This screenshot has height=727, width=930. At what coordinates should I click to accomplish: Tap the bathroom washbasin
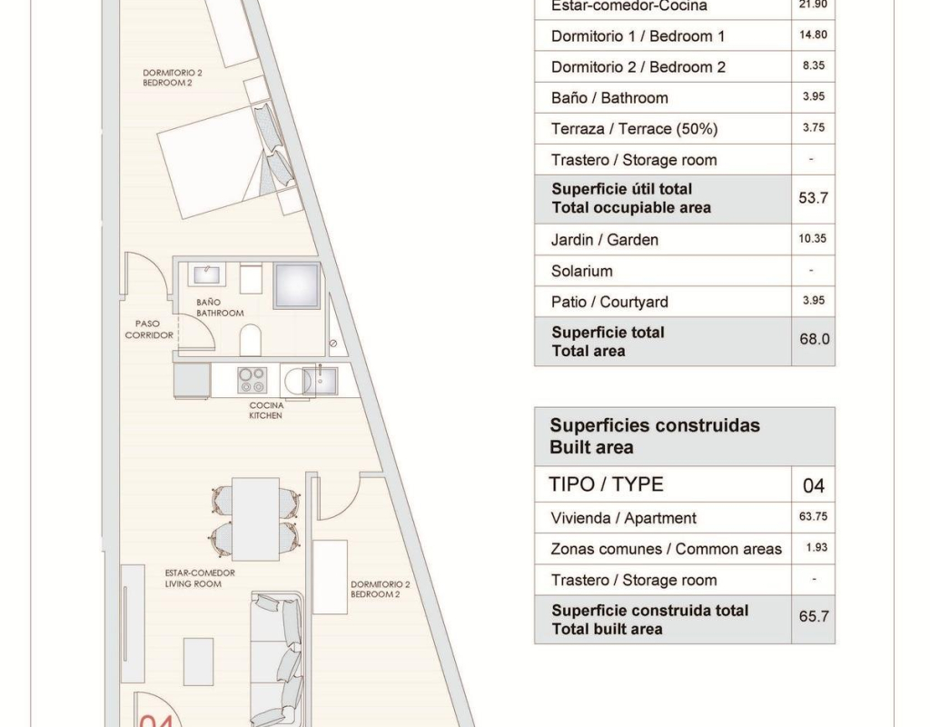point(206,274)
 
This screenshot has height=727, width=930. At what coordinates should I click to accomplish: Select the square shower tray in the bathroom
point(297,284)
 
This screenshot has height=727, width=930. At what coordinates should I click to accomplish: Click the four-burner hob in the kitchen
point(252,380)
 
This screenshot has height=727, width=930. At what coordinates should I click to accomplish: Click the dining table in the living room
point(255,519)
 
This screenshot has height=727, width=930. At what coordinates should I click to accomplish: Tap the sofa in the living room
point(277,659)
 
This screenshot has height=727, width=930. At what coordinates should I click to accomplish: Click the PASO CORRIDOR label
point(149,329)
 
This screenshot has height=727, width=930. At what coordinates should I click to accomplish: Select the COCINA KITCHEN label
point(266,410)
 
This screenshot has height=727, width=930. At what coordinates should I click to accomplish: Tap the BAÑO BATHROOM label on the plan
point(220,307)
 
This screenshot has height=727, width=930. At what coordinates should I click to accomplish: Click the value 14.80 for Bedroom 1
point(813,35)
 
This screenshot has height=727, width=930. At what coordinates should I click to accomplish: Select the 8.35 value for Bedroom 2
point(813,65)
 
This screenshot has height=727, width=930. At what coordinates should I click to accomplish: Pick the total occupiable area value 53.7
point(813,197)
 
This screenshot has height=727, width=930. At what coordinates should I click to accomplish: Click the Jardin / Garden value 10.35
point(813,239)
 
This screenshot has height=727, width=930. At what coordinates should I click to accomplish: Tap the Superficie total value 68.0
point(814,339)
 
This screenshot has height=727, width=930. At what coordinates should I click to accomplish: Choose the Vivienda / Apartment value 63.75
point(813,516)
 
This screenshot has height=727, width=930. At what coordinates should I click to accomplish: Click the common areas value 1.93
point(816,547)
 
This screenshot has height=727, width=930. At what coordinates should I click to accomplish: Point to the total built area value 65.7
point(813,616)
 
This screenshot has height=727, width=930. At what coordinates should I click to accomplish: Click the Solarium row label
point(581,271)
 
